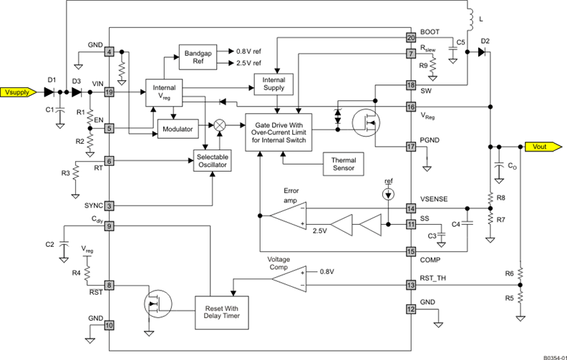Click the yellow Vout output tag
pos(538,147)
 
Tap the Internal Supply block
pos(274,84)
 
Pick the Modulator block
pos(177,129)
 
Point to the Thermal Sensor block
pos(344,165)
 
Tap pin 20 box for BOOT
pos(411,37)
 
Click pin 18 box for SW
pos(411,85)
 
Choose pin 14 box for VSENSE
pos(411,208)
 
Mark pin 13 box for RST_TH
pos(411,285)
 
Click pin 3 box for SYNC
pos(110,205)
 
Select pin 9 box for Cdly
pos(110,227)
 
